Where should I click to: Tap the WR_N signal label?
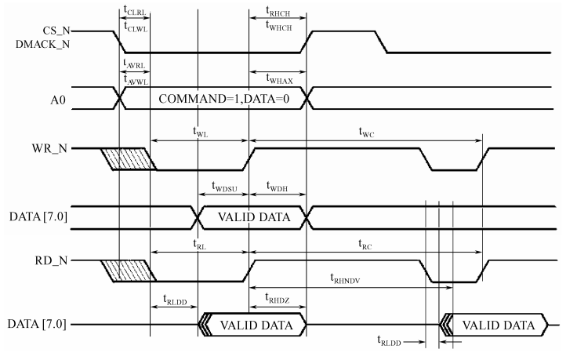pos(52,147)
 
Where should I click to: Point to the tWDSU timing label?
pos(225,187)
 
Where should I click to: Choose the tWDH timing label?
pos(277,187)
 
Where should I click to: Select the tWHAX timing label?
pos(277,74)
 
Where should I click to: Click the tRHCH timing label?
pos(277,11)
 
